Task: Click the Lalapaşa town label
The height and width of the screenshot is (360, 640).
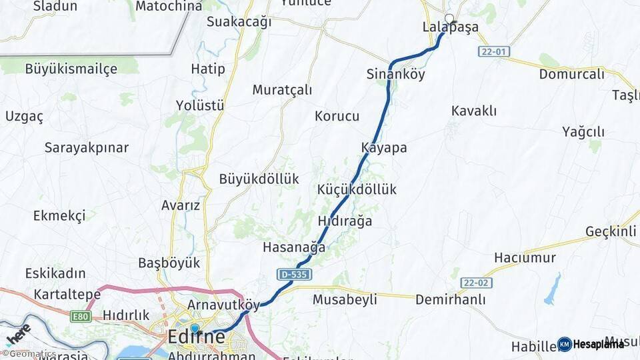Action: (450, 27)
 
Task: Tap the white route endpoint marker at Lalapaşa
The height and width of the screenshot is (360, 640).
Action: (449, 19)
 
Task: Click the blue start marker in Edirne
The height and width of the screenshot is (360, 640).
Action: (195, 328)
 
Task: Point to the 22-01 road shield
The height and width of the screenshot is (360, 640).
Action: (492, 51)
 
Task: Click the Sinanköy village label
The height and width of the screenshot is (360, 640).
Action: (395, 74)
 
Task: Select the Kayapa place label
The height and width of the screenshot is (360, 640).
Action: (384, 148)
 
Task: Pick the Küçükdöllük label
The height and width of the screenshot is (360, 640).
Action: (357, 189)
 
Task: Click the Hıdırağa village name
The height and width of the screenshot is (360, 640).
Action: (345, 221)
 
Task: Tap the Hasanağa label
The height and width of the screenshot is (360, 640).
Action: (294, 247)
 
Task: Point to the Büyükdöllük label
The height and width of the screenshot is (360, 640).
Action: (259, 179)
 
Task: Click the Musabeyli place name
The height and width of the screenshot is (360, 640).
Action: (345, 299)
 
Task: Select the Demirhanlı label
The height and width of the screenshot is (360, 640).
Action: (451, 299)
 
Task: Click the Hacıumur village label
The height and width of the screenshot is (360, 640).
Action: (525, 257)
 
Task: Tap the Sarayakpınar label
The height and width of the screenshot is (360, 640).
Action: (86, 147)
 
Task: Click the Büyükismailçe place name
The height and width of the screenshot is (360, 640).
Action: (71, 68)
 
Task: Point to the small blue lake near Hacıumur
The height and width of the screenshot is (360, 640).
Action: (553, 289)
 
